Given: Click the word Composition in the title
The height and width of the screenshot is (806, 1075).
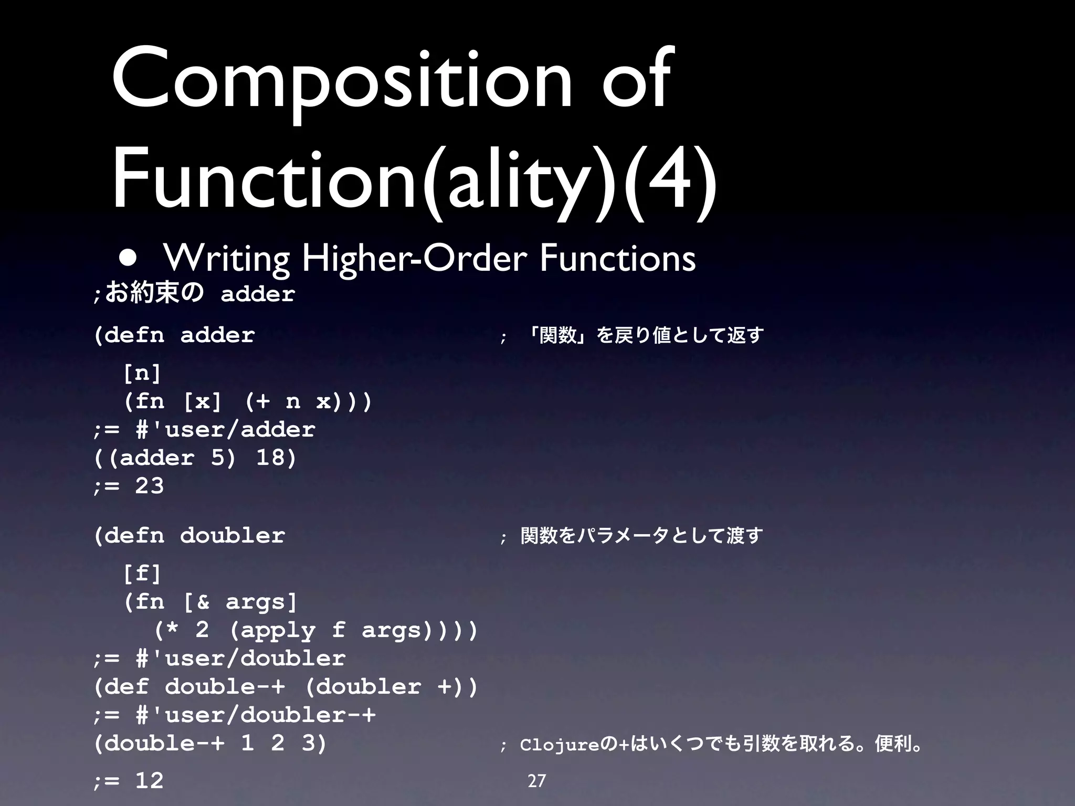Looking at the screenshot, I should coord(341,79).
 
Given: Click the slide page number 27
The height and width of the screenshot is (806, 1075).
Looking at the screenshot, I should coord(536,781).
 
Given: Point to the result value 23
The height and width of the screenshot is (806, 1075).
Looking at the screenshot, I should coord(150,486).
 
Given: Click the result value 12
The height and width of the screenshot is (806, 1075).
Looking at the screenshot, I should coord(150,781).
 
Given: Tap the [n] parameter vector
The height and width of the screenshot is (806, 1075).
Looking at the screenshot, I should coord(142,374).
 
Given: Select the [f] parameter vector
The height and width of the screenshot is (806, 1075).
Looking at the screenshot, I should coord(142,573).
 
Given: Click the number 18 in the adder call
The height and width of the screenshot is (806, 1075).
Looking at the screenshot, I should coord(276,458).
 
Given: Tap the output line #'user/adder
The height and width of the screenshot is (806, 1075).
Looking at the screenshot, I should coord(226,430).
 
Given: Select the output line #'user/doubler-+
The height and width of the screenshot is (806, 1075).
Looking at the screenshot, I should coord(256,715).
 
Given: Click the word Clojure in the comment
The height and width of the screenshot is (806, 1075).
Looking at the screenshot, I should coord(560,745).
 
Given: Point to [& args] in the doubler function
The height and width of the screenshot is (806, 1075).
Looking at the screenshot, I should coord(240,602).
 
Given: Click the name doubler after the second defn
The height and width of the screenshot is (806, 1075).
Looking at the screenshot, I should coord(233,536).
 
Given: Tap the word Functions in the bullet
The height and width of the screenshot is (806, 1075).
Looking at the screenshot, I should coord(618,258).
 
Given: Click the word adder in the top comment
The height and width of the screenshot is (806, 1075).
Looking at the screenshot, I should coord(258,294).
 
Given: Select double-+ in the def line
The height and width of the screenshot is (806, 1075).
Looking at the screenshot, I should coord(225,687).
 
